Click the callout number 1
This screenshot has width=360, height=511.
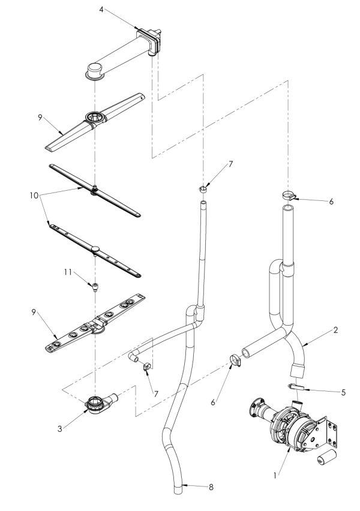click(275, 476)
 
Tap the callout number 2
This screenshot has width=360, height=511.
click(337, 330)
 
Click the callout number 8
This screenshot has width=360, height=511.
click(210, 488)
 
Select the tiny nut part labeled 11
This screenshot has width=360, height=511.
click(95, 286)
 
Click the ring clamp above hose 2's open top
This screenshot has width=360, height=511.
click(287, 194)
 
